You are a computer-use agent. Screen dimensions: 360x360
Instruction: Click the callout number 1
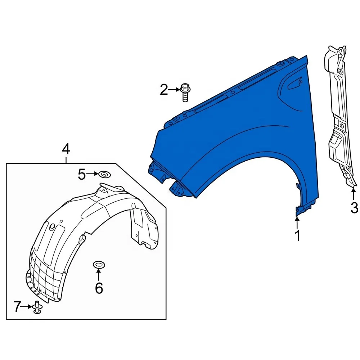tap(298, 235)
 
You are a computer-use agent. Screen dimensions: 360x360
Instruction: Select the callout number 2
tap(164, 90)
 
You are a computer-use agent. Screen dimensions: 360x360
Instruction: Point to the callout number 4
tap(66, 149)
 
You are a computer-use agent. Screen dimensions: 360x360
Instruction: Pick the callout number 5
tap(82, 175)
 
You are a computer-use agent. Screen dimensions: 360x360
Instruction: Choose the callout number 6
tap(99, 288)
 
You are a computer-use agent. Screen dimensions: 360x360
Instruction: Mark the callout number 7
tap(17, 306)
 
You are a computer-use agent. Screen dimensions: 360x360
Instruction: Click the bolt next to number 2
tap(185, 92)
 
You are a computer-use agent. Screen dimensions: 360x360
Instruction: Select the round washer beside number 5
tap(104, 175)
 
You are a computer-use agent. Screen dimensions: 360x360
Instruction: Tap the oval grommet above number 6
tap(99, 265)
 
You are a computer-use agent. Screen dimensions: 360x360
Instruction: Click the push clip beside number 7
tap(37, 307)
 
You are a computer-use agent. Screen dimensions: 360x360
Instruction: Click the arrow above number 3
tap(354, 194)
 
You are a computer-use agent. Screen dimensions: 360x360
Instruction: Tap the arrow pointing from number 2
tap(174, 90)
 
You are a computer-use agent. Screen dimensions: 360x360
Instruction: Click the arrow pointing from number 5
tap(92, 174)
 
